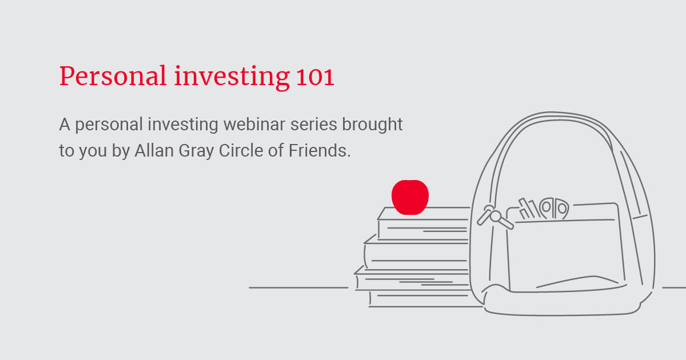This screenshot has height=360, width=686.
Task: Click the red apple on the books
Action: click(410, 197)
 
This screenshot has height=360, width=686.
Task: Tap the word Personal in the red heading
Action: click(113, 76)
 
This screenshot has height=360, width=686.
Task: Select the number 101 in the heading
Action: click(315, 77)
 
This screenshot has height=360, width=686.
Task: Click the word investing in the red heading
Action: click(232, 77)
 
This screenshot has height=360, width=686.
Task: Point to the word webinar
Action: click(254, 125)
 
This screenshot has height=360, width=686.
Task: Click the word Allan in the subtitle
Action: click(154, 151)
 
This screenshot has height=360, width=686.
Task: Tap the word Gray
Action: click(196, 151)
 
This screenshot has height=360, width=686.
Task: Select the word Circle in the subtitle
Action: click(241, 151)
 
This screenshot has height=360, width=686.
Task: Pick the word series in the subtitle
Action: click(314, 125)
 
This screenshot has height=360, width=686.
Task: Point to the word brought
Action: click(372, 125)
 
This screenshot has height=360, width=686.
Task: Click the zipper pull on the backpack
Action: click(494, 217)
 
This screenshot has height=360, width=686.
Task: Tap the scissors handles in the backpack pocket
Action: click(554, 208)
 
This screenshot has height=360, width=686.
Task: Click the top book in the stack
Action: click(423, 223)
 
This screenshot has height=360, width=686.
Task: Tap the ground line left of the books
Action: click(298, 288)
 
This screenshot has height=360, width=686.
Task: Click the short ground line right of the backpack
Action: click(674, 288)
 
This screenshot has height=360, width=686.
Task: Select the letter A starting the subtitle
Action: click(65, 125)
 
